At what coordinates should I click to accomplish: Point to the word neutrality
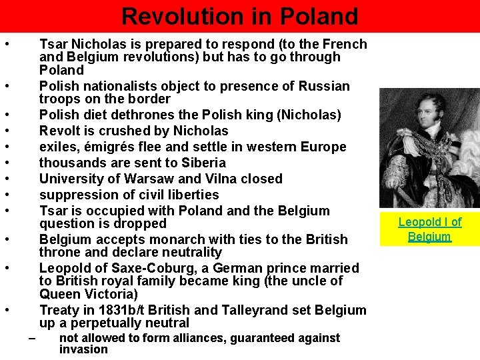188,252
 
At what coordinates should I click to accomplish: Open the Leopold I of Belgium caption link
429,229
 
